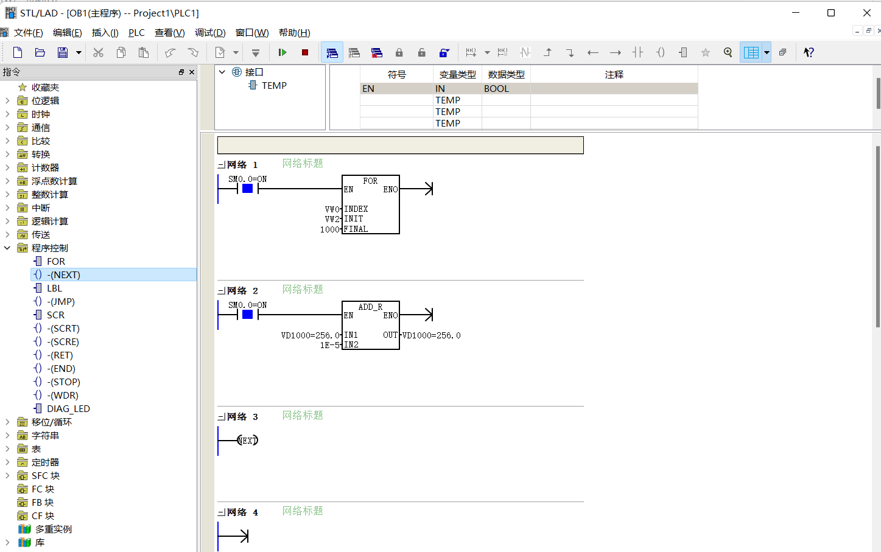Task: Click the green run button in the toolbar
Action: (x=283, y=52)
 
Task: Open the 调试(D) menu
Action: (x=210, y=33)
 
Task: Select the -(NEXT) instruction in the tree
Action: (x=63, y=275)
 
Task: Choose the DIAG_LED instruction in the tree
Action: (x=68, y=409)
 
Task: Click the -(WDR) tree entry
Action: (x=63, y=396)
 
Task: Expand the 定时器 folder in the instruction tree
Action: (x=7, y=462)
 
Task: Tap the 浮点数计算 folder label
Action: (x=54, y=181)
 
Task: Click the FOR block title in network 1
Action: (x=370, y=181)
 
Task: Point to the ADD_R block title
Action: (x=370, y=307)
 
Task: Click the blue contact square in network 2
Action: (x=247, y=315)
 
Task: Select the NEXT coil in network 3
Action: (x=247, y=441)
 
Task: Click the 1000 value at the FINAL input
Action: (x=329, y=229)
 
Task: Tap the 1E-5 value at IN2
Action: (x=329, y=345)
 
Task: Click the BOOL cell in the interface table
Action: (x=496, y=89)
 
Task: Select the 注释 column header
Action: (x=614, y=75)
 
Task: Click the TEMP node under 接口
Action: (x=274, y=86)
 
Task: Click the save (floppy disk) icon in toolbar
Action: (x=63, y=52)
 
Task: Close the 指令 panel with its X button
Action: (x=192, y=72)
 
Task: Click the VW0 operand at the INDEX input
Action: (x=332, y=209)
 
